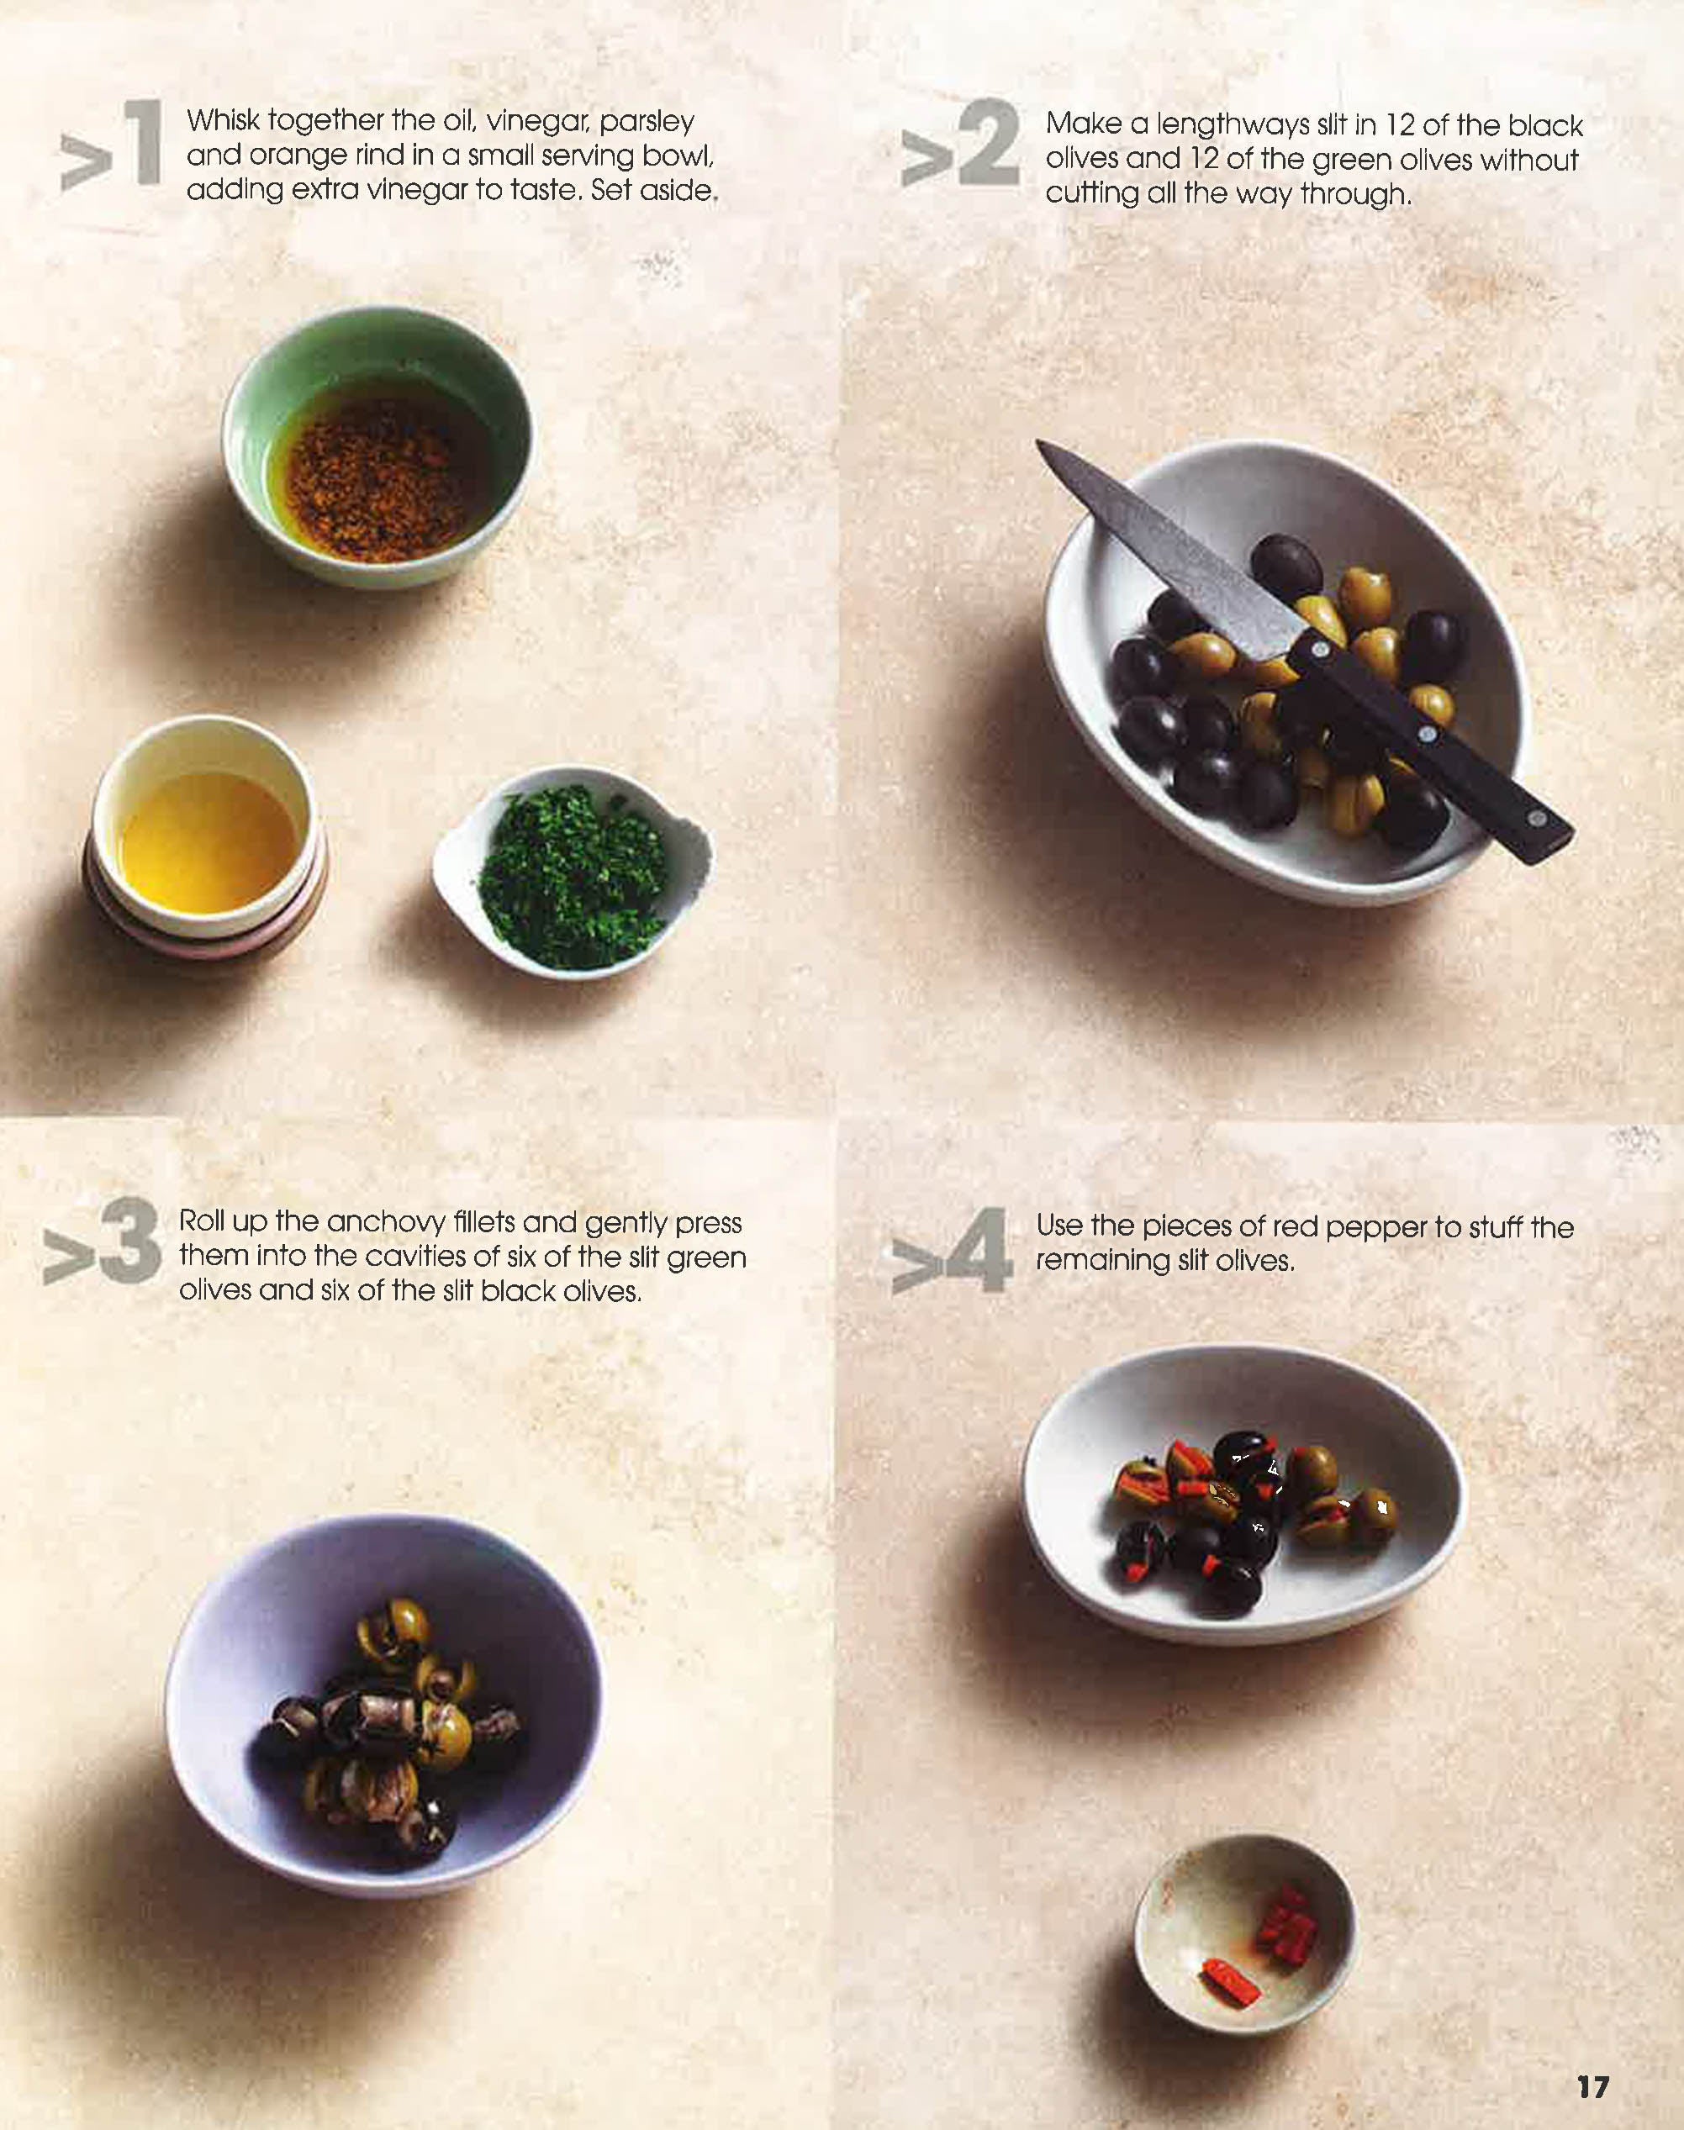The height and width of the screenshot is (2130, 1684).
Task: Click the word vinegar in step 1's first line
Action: click(x=536, y=121)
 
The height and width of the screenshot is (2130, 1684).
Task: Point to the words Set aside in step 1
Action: click(x=652, y=189)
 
